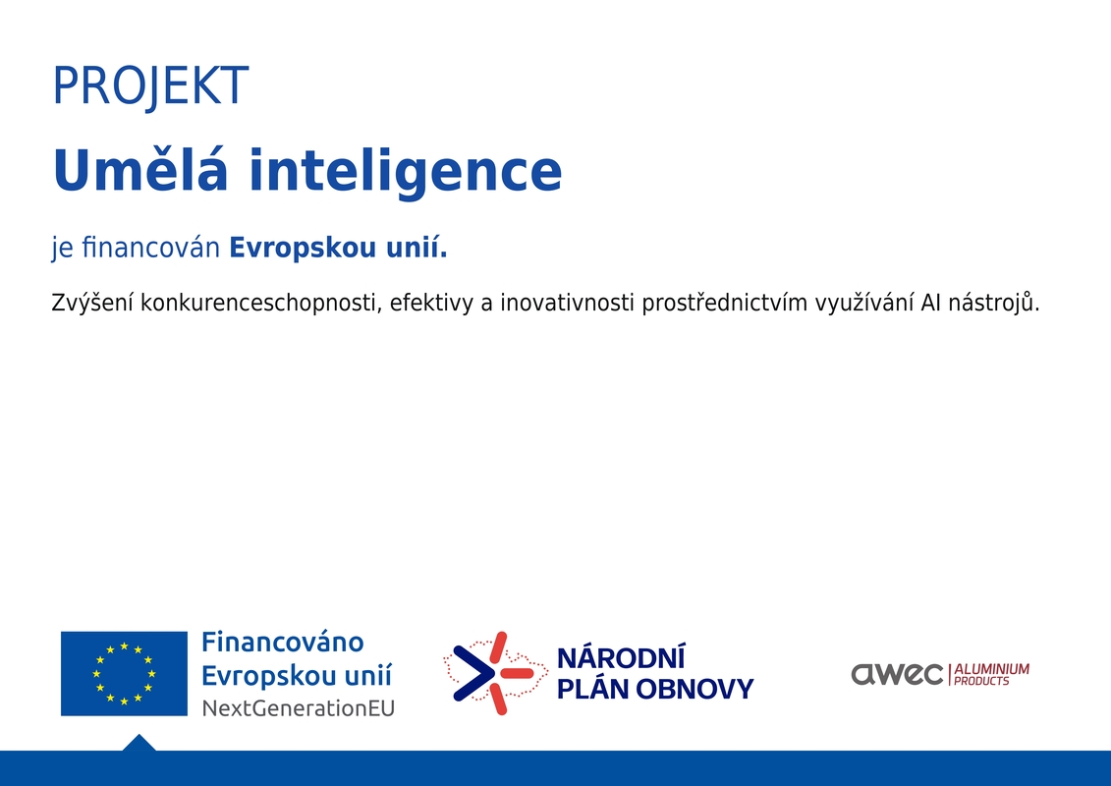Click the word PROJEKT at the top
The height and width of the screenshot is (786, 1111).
[x=151, y=86]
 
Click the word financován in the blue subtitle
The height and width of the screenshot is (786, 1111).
[x=151, y=248]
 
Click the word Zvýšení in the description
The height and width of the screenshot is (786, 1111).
[x=92, y=303]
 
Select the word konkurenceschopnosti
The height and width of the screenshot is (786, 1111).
[x=260, y=304]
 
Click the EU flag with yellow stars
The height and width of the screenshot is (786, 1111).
[x=124, y=673]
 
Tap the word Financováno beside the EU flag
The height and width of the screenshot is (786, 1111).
[x=283, y=643]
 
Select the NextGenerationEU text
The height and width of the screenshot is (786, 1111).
[x=299, y=708]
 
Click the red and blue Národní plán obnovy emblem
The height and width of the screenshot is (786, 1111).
[x=495, y=673]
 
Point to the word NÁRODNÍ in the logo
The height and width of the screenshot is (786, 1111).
[x=621, y=657]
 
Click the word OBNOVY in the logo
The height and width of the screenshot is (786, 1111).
[x=695, y=689]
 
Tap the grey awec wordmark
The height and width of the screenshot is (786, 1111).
[x=897, y=674]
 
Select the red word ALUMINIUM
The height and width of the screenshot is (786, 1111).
[x=991, y=669]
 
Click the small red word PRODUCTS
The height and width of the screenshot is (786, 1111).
[x=981, y=681]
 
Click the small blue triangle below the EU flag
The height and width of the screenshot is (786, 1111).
[x=139, y=744]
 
